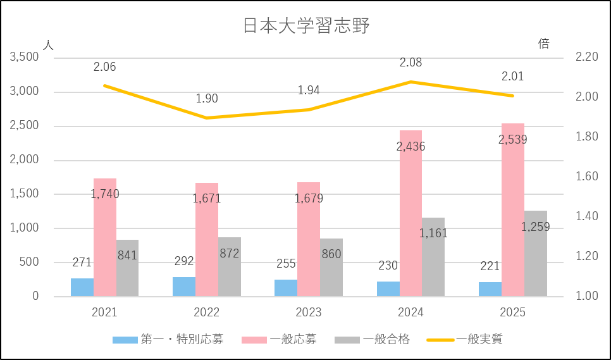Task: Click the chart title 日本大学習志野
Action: click(x=306, y=26)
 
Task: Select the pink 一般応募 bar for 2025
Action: click(x=513, y=209)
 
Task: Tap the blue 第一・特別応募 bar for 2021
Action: click(x=82, y=287)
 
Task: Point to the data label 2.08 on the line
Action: click(x=410, y=63)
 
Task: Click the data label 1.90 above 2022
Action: click(x=207, y=98)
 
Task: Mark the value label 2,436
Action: click(x=410, y=147)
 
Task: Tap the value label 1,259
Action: click(x=536, y=227)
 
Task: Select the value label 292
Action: click(x=184, y=261)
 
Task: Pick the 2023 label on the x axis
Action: click(x=309, y=313)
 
